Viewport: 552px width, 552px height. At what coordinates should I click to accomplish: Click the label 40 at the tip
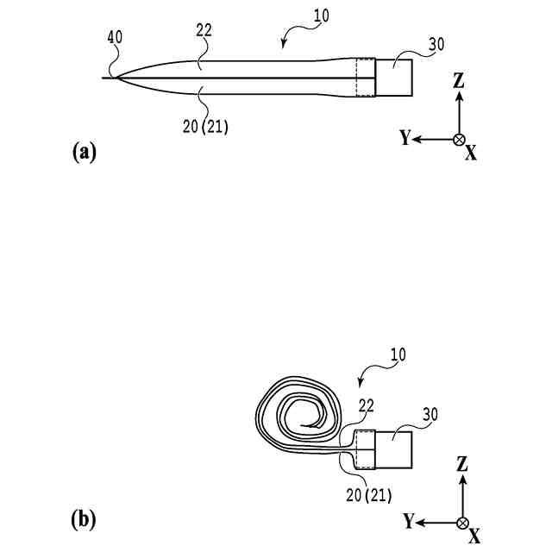[x=116, y=37]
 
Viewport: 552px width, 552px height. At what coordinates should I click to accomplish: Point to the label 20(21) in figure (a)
[x=205, y=126]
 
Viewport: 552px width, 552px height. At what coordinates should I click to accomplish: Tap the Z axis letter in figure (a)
[x=459, y=81]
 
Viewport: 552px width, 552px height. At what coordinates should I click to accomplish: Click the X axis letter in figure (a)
[x=471, y=154]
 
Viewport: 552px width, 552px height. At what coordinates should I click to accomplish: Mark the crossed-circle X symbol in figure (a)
[x=460, y=139]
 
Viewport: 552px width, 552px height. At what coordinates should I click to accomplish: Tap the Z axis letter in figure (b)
[x=462, y=465]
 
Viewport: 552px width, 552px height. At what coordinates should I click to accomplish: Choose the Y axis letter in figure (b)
[x=408, y=522]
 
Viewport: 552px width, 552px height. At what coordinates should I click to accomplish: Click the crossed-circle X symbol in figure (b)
[x=463, y=522]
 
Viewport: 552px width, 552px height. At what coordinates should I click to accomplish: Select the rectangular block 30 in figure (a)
[x=394, y=76]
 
